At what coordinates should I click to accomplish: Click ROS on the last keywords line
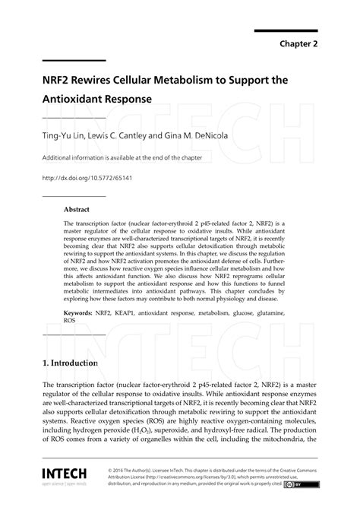[x=70, y=321]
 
